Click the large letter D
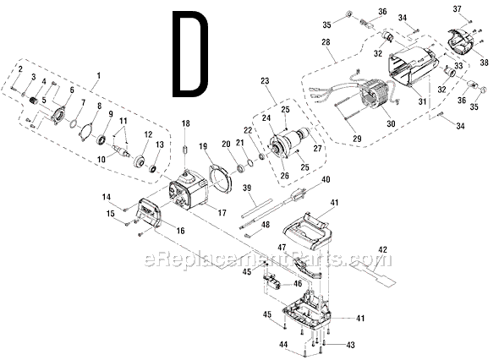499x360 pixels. coord(188,52)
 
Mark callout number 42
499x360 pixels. coord(382,250)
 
